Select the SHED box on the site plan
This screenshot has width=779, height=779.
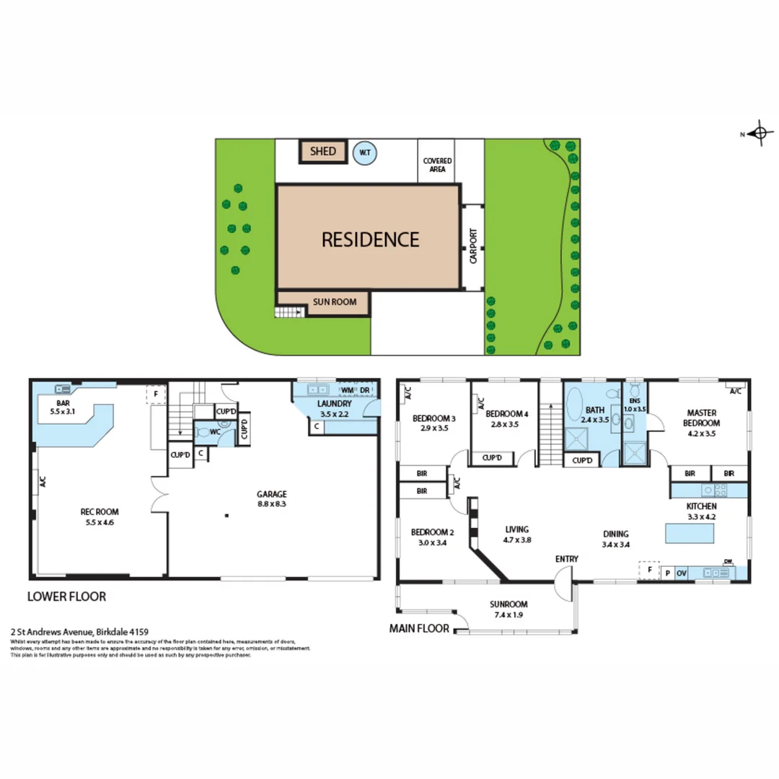323,151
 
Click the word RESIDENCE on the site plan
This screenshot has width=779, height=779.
369,239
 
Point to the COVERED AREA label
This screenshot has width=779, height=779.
437,165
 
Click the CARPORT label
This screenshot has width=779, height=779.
473,247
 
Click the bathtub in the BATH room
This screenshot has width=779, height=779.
577,404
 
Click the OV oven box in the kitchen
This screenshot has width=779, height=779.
682,573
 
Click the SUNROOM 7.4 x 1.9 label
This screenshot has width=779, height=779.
508,609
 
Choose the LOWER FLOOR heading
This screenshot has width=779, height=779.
66,597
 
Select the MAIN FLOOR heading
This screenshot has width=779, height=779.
419,628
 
